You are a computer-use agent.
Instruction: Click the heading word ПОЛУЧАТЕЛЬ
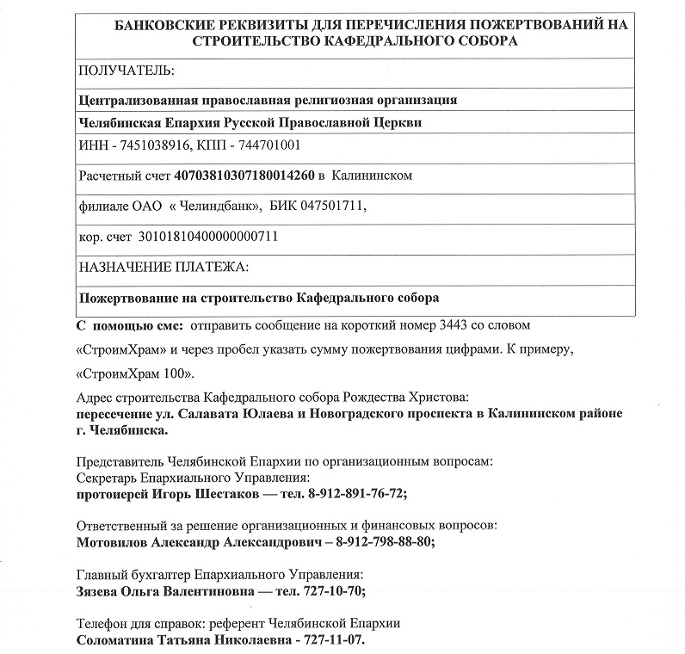point(126,70)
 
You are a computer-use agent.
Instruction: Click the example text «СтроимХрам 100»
point(135,374)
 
